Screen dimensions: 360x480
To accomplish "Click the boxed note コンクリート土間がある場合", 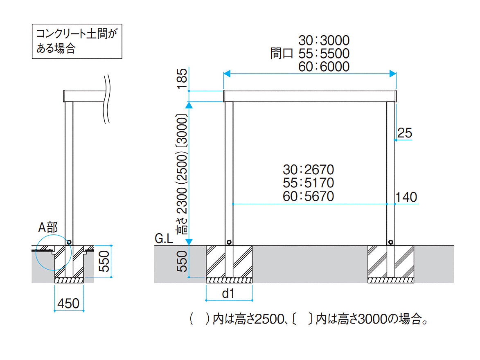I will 77,41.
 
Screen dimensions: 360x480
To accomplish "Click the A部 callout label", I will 48,227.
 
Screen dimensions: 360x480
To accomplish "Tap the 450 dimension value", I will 68,304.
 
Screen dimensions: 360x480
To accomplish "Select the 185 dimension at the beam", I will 182,79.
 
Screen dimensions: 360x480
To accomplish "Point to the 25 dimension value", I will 405,133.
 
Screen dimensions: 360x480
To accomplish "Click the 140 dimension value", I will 406,197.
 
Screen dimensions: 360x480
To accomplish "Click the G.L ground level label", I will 163,239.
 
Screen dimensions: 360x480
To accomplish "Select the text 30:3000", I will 324,40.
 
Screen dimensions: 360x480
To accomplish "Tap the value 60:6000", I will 324,67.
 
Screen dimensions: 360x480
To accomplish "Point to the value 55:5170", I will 309,182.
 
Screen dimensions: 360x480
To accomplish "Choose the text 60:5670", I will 309,196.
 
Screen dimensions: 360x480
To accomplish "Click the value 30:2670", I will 309,169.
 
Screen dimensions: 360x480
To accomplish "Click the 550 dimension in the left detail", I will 105,261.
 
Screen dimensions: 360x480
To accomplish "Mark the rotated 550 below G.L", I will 182,261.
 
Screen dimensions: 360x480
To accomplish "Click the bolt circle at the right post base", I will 391,242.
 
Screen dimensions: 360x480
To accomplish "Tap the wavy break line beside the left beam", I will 107,98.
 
